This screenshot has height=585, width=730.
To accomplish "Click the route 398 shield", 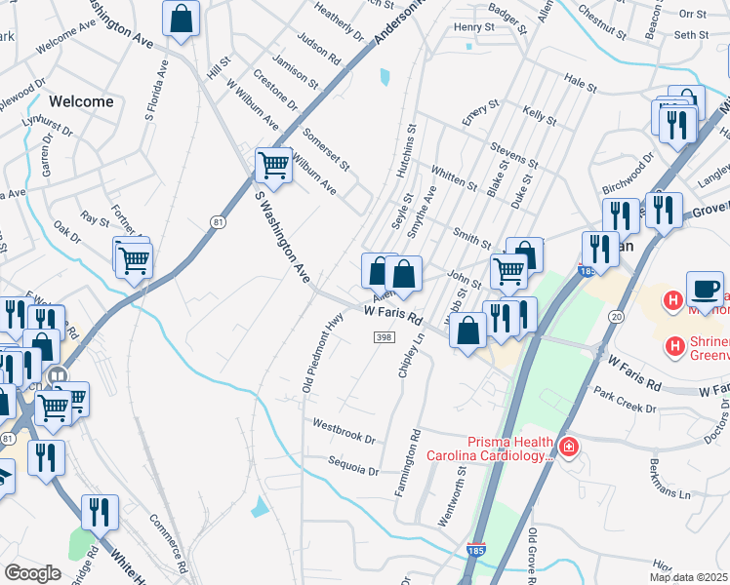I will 383,336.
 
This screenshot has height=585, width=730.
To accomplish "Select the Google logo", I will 33,573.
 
